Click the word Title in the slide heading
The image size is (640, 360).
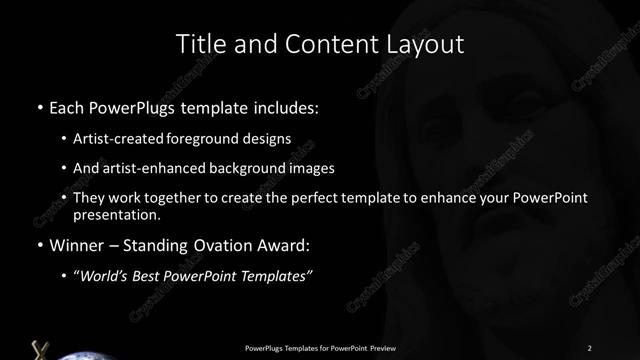[x=201, y=44]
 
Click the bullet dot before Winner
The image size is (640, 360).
[x=39, y=245]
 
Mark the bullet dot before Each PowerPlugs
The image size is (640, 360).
[x=39, y=107]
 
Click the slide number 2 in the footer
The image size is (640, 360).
[x=589, y=347]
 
